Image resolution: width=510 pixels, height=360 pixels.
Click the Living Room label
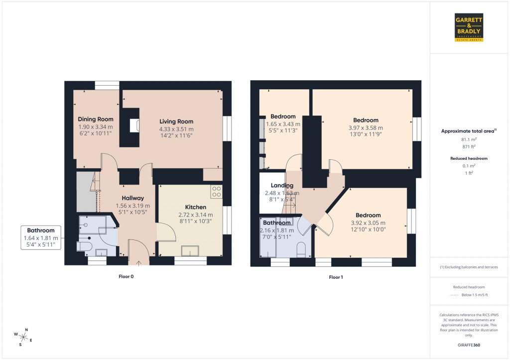coord(176,121)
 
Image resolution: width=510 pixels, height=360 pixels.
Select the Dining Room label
coord(96,119)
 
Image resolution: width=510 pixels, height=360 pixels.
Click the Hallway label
coord(133,198)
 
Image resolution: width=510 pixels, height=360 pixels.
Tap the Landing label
coord(282,185)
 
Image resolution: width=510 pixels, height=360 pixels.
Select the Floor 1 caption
coord(336,277)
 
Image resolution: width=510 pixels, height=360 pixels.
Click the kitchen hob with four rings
coord(216,191)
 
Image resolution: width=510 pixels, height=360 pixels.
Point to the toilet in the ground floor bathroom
coord(83,246)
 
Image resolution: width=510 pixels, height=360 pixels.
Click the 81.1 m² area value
coord(469,140)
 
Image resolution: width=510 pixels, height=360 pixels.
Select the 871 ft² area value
coord(469,148)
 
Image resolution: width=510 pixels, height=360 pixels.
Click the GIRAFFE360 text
coord(469,345)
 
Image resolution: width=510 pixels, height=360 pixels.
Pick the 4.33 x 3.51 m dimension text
coord(176,128)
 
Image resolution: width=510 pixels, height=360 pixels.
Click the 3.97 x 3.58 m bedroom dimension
coord(366,127)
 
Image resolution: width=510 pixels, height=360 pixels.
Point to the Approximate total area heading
coord(469,131)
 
